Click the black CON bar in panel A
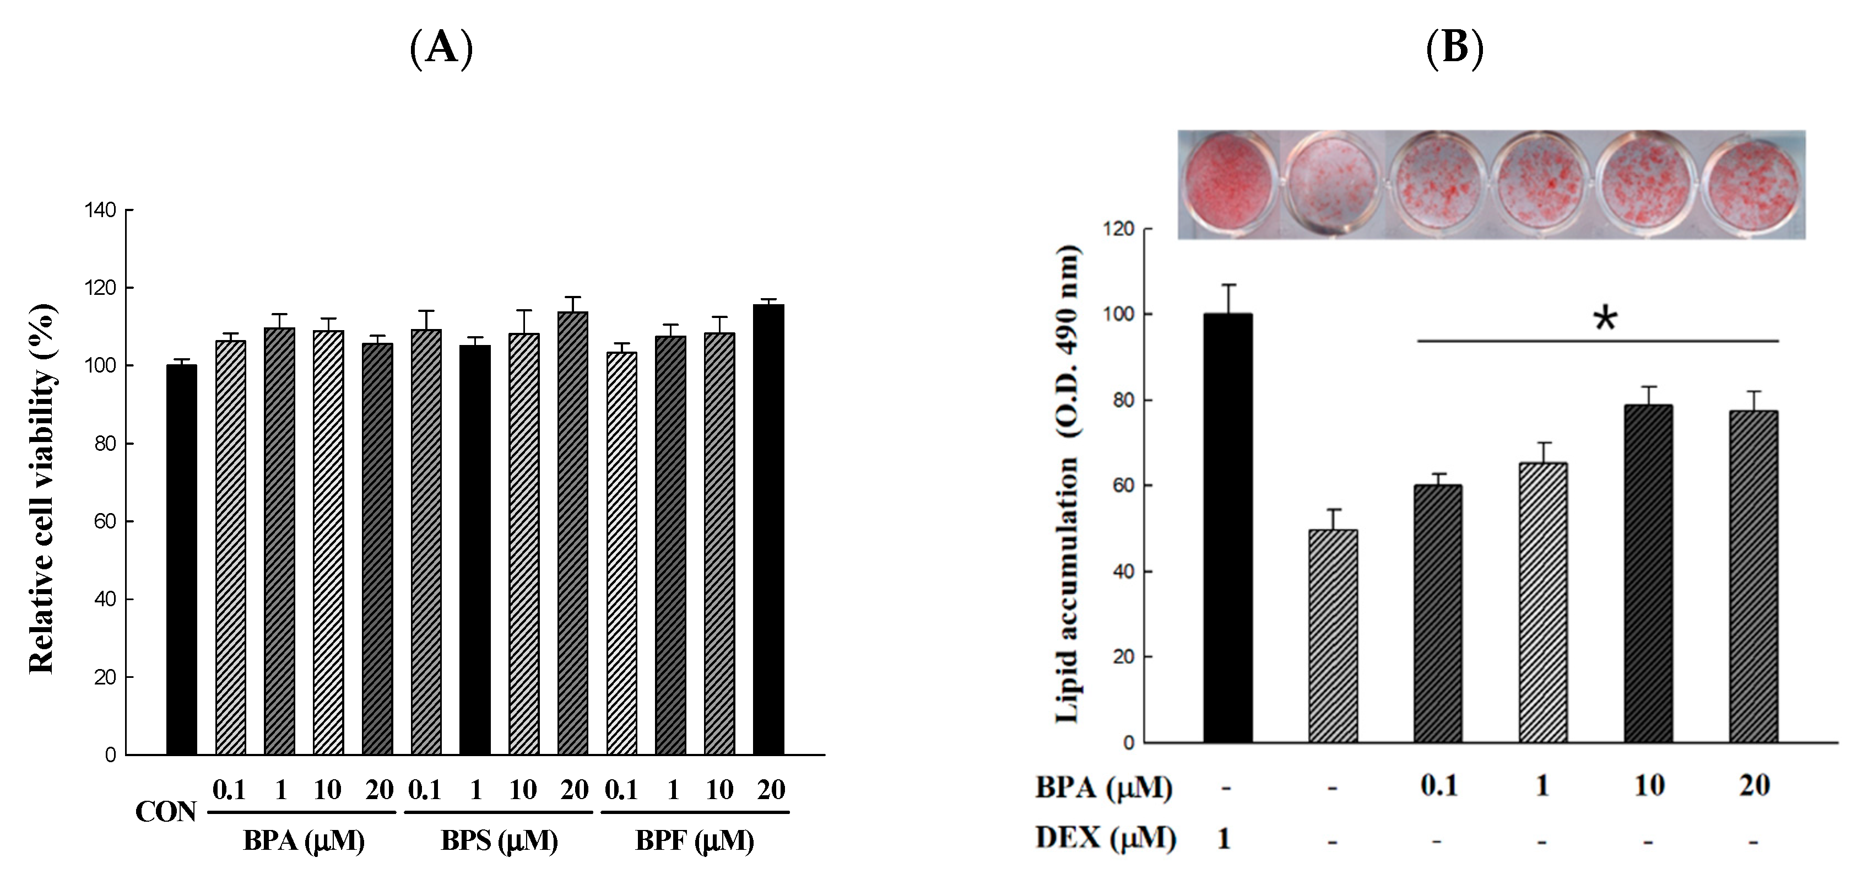[x=181, y=560]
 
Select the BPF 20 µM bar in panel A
[x=768, y=530]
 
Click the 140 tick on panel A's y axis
[x=101, y=211]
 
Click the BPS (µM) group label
[x=499, y=842]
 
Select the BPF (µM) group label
[x=695, y=842]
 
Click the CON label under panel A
[x=165, y=812]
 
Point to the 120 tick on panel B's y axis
[x=1118, y=229]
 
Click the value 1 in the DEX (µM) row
[x=1224, y=840]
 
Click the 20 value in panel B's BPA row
[x=1753, y=785]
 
